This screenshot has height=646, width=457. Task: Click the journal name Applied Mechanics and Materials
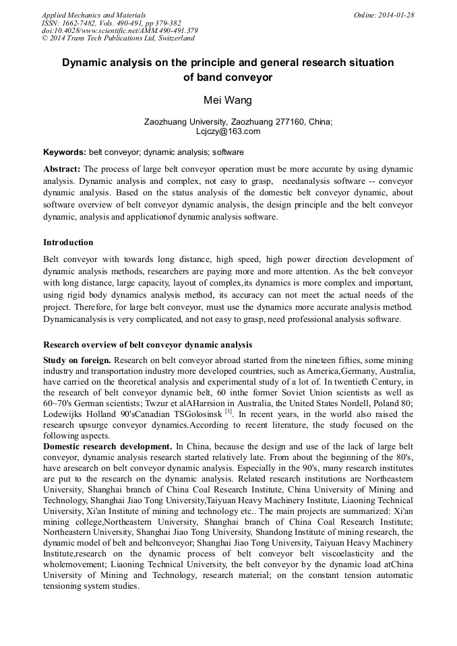coord(93,15)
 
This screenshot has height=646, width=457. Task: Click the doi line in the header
coord(119,30)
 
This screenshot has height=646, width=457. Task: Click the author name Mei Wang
coord(228,100)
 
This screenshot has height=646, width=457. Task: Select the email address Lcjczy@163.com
coord(228,131)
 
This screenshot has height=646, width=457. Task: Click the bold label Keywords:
coord(64,152)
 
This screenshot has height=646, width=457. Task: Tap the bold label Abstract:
coord(62,168)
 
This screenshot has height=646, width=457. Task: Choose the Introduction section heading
coord(68,243)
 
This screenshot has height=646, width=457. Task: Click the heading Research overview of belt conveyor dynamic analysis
coord(148,345)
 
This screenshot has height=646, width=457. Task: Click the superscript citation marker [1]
coord(229,410)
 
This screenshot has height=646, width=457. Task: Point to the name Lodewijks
coord(64,413)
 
